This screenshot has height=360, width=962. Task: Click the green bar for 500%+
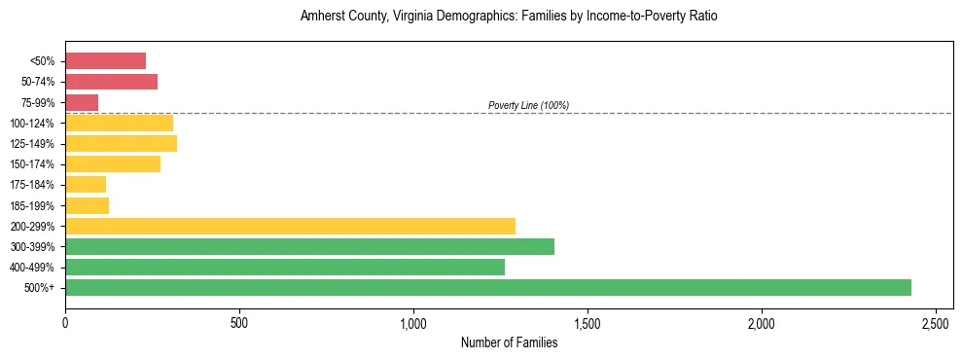pos(487,287)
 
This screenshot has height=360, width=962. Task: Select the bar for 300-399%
pos(309,246)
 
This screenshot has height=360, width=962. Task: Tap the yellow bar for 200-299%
pos(290,226)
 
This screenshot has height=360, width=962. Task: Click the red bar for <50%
pos(105,61)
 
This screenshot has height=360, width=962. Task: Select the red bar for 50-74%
pos(111,82)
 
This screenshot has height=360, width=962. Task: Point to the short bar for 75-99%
pos(82,102)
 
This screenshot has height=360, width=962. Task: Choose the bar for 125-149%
pos(121,144)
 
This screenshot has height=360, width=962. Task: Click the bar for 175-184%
pos(86,185)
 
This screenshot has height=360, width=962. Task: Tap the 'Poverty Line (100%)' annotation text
pos(528,105)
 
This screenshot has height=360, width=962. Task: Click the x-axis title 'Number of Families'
pos(509,342)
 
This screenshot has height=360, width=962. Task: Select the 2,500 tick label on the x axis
pos(936,322)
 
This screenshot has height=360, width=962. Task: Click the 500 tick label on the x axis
pos(239,322)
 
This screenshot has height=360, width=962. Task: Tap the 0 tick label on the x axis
pos(65,322)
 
